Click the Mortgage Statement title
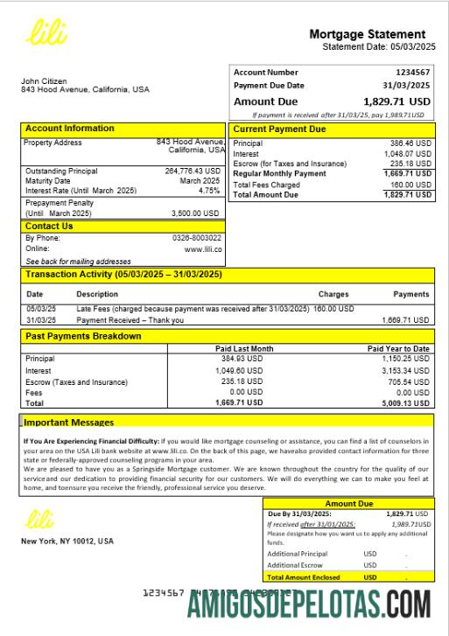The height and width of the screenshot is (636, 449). (x=367, y=34)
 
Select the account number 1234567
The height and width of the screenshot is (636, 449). (x=412, y=73)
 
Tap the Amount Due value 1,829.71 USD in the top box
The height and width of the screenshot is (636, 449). (x=396, y=101)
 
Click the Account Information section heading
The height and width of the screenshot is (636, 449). (x=69, y=129)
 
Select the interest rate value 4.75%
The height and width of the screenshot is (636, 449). (x=209, y=191)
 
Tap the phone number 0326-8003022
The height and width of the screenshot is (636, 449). (x=197, y=238)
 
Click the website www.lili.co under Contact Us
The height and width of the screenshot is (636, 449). (x=203, y=249)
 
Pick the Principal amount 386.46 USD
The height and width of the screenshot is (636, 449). (x=410, y=143)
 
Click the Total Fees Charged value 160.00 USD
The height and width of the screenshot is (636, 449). (x=410, y=185)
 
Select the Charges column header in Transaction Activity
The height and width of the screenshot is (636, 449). (x=333, y=295)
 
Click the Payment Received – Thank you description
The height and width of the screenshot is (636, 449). (x=130, y=320)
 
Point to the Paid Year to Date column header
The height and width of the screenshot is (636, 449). (x=398, y=349)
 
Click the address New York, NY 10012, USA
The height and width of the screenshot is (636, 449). (x=67, y=542)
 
